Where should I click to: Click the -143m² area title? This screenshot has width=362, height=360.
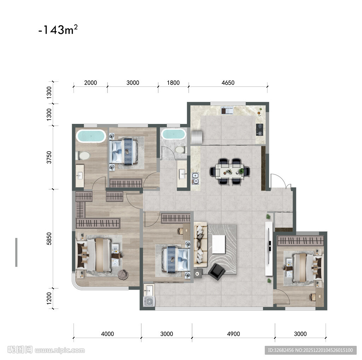tap(58, 30)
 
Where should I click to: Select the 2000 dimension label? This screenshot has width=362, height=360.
tap(90, 83)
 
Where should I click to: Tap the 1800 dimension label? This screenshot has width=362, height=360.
tap(173, 83)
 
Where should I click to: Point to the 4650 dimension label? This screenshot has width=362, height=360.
tap(228, 83)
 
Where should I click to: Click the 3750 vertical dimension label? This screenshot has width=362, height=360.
tap(49, 157)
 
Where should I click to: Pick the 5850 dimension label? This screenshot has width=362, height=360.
tap(49, 239)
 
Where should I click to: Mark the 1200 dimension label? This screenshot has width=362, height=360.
tap(49, 298)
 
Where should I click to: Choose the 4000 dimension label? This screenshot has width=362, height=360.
tap(107, 334)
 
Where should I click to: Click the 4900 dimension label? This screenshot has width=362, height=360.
tap(233, 334)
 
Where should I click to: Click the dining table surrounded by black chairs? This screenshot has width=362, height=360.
tap(230, 171)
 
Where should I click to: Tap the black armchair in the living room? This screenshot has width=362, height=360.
tap(216, 272)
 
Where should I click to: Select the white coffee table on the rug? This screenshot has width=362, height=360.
tap(218, 244)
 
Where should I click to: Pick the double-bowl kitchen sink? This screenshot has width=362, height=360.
tap(195, 178)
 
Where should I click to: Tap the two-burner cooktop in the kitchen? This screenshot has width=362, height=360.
tap(259, 130)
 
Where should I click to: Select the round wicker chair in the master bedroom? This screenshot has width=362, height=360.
tap(123, 275)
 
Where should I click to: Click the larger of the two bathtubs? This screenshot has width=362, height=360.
tap(91, 136)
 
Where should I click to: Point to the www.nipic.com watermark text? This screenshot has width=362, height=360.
tap(60, 350)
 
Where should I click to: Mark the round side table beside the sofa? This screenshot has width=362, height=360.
tap(197, 274)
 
